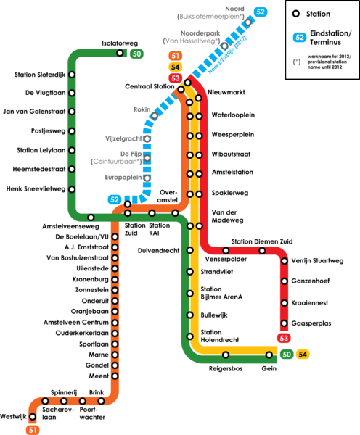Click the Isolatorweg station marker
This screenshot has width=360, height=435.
click(x=120, y=53)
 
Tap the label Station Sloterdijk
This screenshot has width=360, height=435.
click(x=40, y=75)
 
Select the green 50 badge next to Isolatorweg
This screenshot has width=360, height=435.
click(x=136, y=54)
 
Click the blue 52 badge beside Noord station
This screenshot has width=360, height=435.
click(x=261, y=12)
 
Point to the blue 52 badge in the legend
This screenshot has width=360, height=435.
click(x=300, y=37)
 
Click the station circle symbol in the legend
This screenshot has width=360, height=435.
click(x=296, y=14)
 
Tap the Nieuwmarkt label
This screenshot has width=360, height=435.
click(x=226, y=92)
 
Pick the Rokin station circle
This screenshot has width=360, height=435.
click(x=155, y=115)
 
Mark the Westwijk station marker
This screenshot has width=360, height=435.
click(x=33, y=416)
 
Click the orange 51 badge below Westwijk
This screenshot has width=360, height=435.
click(x=33, y=430)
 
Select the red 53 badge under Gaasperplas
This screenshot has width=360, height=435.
click(x=284, y=338)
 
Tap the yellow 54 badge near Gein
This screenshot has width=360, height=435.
click(x=303, y=355)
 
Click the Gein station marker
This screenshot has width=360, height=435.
click(x=269, y=355)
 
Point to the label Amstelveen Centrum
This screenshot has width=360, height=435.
click(x=76, y=323)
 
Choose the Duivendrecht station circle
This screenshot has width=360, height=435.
click(x=189, y=250)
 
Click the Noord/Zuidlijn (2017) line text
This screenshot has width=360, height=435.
click(x=227, y=55)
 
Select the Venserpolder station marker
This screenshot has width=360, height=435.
click(x=226, y=251)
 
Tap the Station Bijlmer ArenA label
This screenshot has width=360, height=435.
click(x=221, y=293)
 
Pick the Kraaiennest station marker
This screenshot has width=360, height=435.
click(x=285, y=302)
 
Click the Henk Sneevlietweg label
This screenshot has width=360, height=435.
click(x=36, y=189)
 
